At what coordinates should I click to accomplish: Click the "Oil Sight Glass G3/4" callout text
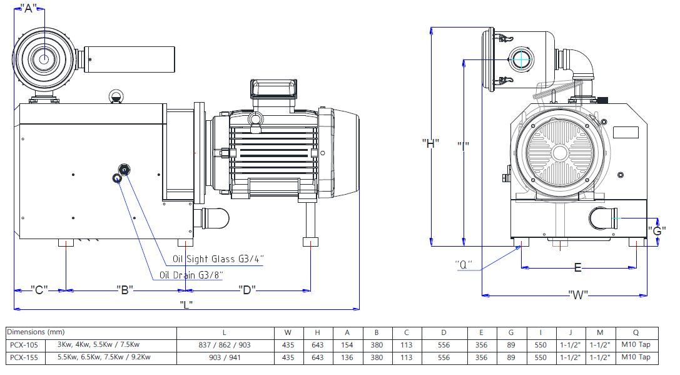tap(218, 259)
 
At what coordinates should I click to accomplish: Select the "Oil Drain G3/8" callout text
tap(191, 275)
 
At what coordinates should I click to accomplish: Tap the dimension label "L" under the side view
tap(186, 305)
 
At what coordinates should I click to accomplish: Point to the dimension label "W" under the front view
tap(578, 294)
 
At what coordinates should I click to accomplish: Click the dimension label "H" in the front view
tap(430, 143)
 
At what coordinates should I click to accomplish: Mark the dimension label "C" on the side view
tap(40, 290)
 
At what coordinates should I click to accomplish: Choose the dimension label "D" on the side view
tap(246, 290)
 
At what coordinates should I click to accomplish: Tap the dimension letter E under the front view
tap(578, 268)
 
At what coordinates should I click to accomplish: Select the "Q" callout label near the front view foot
tap(464, 264)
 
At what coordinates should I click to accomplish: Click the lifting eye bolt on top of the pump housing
tap(115, 96)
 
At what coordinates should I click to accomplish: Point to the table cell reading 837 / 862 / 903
tap(224, 345)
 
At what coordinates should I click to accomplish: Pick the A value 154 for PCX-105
tap(347, 345)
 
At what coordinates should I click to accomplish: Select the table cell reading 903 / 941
tap(224, 357)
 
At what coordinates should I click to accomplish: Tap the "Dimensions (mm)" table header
tap(36, 332)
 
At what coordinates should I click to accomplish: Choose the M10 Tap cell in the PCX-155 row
tap(637, 357)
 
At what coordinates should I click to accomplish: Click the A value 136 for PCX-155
tap(347, 357)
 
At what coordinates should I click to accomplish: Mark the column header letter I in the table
tap(540, 332)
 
